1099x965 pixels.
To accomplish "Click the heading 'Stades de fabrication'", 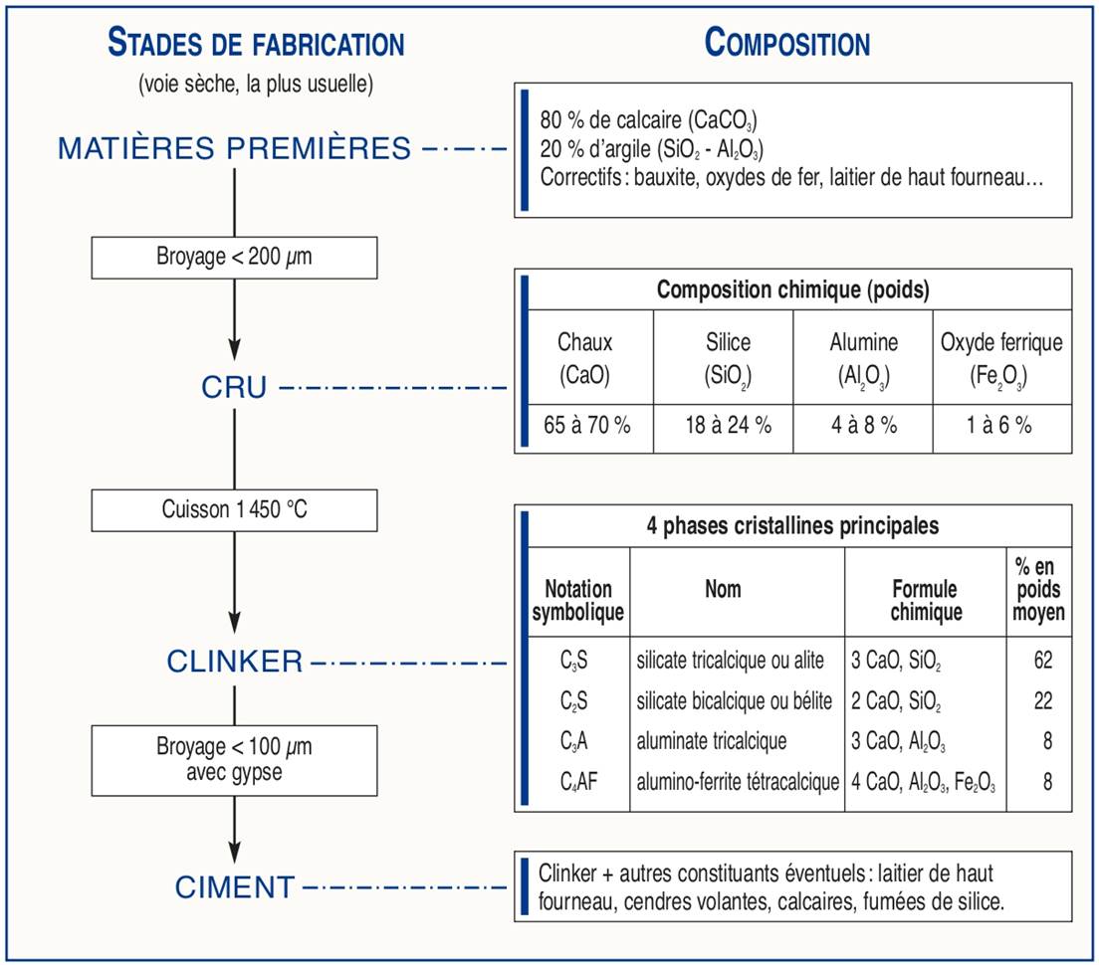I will [x=256, y=45].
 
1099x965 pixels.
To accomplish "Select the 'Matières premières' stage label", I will [x=235, y=148].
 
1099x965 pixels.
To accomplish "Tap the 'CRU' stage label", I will [x=234, y=387].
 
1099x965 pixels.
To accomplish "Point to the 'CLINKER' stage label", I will [x=235, y=661].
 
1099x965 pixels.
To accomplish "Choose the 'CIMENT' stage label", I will [x=235, y=886].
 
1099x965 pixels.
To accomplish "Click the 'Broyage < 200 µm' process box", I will [x=234, y=258].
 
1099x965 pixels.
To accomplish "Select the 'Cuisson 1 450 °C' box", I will [x=234, y=509].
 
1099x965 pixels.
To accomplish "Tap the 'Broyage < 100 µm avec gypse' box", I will [x=234, y=760].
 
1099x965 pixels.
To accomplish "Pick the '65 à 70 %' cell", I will [x=587, y=425].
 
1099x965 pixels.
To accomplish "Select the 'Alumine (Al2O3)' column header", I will [x=863, y=359].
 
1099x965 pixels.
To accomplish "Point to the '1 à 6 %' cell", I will [x=1001, y=425].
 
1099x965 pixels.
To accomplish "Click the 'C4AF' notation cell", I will [x=574, y=782].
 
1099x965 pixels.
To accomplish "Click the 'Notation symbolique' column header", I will [x=577, y=601].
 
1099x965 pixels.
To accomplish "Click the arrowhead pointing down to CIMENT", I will [x=234, y=852].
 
